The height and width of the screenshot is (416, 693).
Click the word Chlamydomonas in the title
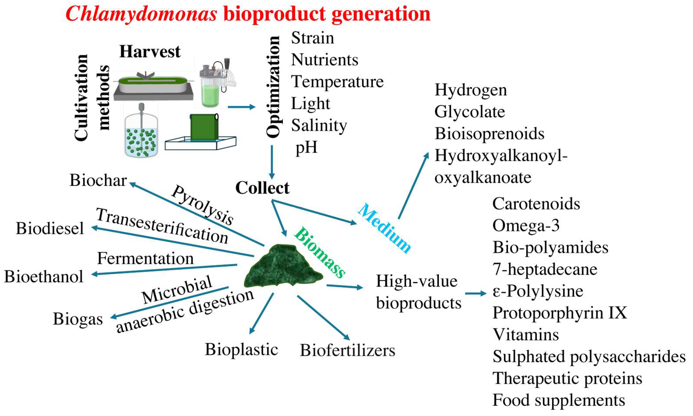(141, 14)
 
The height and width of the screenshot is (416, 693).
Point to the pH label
(306, 147)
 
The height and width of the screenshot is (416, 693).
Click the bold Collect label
(262, 188)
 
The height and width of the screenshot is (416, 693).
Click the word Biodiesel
(50, 228)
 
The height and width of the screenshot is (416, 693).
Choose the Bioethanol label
(44, 277)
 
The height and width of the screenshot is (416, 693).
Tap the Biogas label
(78, 319)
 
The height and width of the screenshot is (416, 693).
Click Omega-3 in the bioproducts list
(526, 226)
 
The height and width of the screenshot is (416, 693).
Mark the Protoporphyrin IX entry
(560, 313)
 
